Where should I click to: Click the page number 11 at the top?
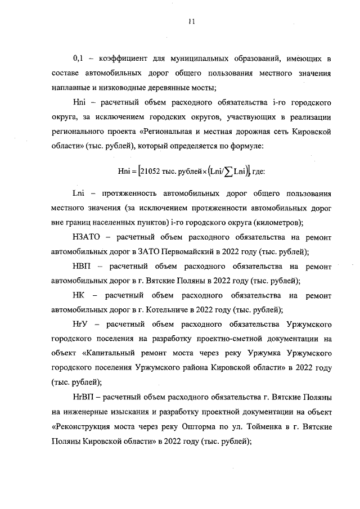point(191,22)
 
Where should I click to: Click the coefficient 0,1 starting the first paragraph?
point(79,58)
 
